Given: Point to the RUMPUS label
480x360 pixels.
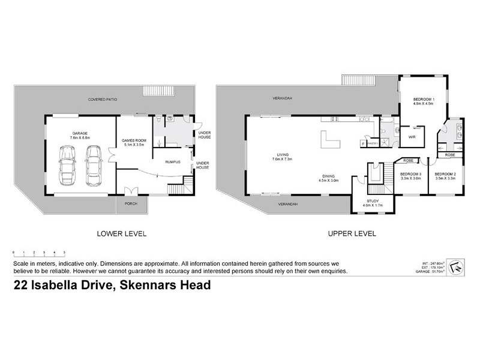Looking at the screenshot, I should [x=174, y=161].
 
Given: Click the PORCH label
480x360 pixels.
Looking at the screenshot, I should [x=130, y=203].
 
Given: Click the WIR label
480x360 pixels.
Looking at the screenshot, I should [x=412, y=137].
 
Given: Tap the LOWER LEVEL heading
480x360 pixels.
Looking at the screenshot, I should [x=122, y=234].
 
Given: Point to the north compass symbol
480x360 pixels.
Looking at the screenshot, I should [x=458, y=266].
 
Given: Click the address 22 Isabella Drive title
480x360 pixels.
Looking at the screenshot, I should [x=112, y=286].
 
